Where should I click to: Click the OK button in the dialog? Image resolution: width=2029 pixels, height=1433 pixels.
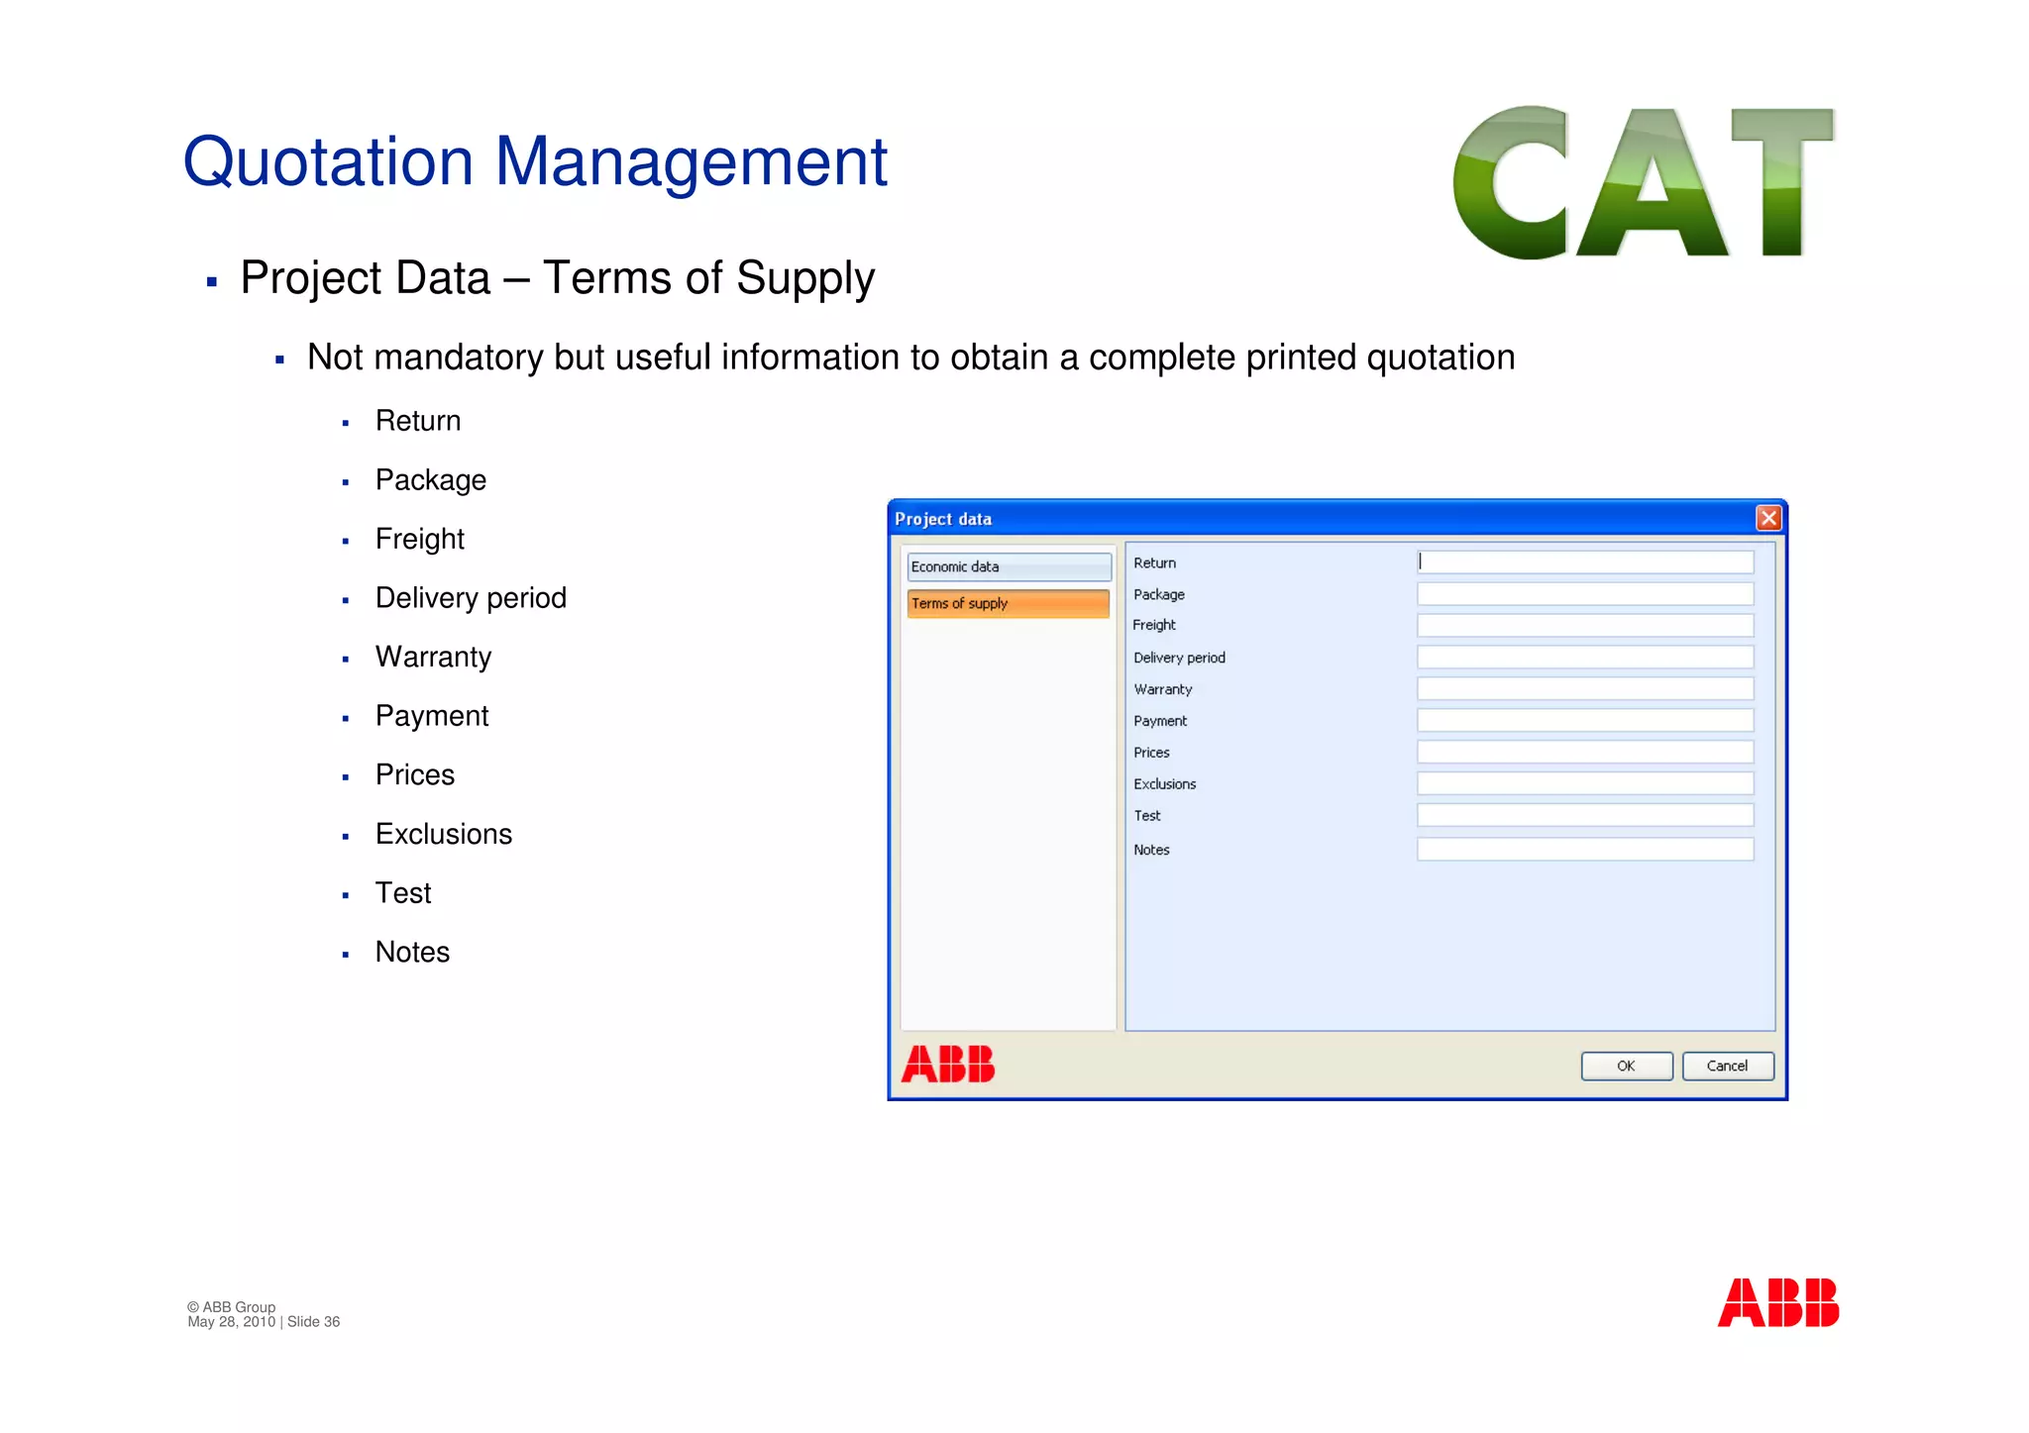click(x=1626, y=1066)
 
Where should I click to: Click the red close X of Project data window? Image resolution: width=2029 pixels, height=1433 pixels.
click(x=1768, y=518)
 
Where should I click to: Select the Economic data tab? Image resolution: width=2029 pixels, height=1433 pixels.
click(x=1009, y=566)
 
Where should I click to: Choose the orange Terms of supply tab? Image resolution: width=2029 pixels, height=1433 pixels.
click(x=1008, y=603)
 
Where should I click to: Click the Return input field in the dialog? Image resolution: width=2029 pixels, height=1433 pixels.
click(x=1585, y=563)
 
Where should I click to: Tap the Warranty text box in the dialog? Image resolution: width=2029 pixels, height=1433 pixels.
click(x=1585, y=688)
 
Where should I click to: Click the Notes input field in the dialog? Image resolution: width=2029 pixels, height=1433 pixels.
click(x=1585, y=849)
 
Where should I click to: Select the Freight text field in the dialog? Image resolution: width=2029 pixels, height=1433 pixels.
click(x=1585, y=625)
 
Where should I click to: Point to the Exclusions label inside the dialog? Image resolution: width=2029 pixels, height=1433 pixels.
click(x=1165, y=784)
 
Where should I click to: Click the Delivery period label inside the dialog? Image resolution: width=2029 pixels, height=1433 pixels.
click(x=1179, y=658)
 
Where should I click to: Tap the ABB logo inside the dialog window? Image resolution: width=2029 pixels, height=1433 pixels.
click(x=948, y=1065)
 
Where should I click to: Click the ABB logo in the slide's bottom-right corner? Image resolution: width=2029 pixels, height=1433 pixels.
click(x=1777, y=1302)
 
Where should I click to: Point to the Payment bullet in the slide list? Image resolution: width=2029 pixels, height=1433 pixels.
click(x=432, y=716)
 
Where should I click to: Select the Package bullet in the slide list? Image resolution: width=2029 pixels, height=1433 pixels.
click(x=431, y=480)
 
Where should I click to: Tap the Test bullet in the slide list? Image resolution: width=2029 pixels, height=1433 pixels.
click(x=403, y=893)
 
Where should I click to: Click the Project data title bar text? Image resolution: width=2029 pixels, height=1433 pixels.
click(x=943, y=519)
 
